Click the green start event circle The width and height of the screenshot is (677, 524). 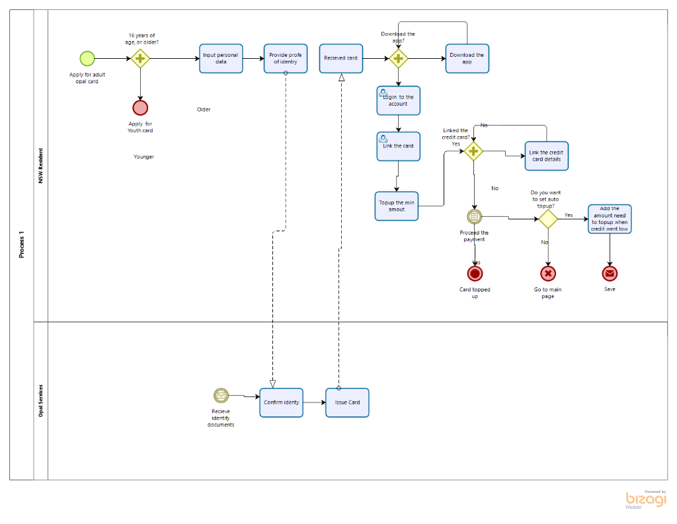[x=87, y=58]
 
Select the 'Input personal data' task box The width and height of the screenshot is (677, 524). [x=221, y=58]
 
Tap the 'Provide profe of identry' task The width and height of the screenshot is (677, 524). [x=286, y=58]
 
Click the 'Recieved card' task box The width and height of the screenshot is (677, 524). [x=341, y=58]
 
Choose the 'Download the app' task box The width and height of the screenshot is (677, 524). [x=467, y=58]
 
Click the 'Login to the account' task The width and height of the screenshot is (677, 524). [x=398, y=100]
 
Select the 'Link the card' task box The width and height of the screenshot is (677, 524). [x=398, y=146]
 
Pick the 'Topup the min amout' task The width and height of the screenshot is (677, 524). [x=397, y=206]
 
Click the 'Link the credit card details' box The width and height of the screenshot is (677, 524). [x=547, y=156]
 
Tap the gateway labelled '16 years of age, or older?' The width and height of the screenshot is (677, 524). [x=140, y=58]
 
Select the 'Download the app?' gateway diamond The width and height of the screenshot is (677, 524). [x=398, y=58]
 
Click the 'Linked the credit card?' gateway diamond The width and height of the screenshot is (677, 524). [x=473, y=151]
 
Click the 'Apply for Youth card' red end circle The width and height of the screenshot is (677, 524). [x=140, y=108]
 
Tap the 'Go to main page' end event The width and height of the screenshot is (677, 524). [x=547, y=274]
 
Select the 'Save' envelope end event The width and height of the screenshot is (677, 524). [x=610, y=274]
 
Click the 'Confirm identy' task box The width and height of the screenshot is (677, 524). [x=281, y=402]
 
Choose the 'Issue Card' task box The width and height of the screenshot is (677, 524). [x=347, y=402]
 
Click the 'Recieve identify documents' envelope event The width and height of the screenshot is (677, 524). [x=221, y=395]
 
